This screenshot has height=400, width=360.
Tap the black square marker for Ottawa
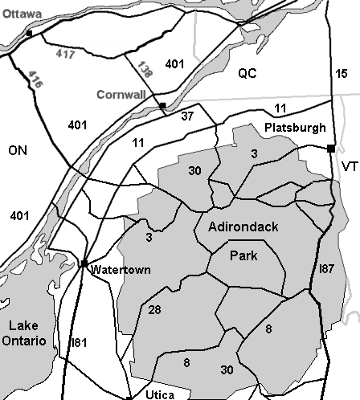tap(29, 34)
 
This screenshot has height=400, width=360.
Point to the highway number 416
tap(35, 78)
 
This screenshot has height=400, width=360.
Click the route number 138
tap(143, 72)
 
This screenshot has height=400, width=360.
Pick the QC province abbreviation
tap(246, 73)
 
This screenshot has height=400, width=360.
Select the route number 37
tap(187, 116)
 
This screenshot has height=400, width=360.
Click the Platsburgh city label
tap(295, 128)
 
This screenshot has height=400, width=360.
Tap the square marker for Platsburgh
tap(330, 147)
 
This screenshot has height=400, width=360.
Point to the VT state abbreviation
tap(349, 166)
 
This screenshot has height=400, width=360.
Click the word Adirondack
tap(243, 227)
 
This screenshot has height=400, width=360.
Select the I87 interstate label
tap(327, 267)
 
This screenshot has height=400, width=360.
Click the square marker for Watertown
tap(84, 263)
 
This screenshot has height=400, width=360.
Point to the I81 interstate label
tap(79, 343)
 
